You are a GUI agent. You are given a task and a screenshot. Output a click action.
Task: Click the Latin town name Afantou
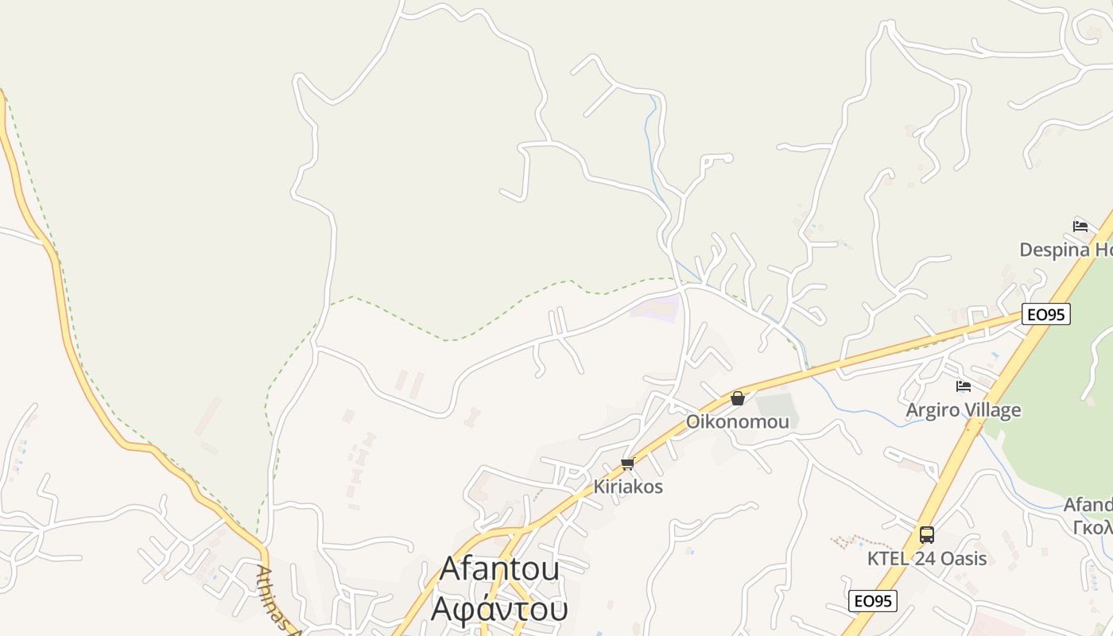click(499, 568)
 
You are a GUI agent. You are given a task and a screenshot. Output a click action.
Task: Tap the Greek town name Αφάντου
click(499, 608)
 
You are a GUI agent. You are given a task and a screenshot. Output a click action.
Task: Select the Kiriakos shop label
click(628, 487)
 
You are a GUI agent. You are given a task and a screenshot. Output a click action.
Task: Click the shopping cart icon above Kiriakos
click(627, 463)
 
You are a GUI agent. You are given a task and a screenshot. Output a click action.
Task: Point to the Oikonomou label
click(738, 421)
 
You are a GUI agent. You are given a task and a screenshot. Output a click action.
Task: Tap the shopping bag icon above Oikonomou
click(738, 398)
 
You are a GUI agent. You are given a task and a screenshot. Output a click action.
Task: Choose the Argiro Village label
click(964, 410)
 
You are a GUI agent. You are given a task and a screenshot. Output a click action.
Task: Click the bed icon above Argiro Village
click(964, 386)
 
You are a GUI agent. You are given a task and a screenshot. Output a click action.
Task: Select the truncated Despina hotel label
click(1065, 250)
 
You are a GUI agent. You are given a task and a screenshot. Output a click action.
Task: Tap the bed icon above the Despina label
click(1080, 226)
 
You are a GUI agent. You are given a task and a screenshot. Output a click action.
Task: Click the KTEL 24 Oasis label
click(927, 558)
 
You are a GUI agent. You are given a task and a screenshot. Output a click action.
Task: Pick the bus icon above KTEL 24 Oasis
click(927, 534)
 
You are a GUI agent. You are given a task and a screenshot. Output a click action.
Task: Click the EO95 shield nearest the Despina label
click(1045, 314)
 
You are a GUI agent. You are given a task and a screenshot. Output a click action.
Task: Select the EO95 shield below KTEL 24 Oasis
click(873, 600)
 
